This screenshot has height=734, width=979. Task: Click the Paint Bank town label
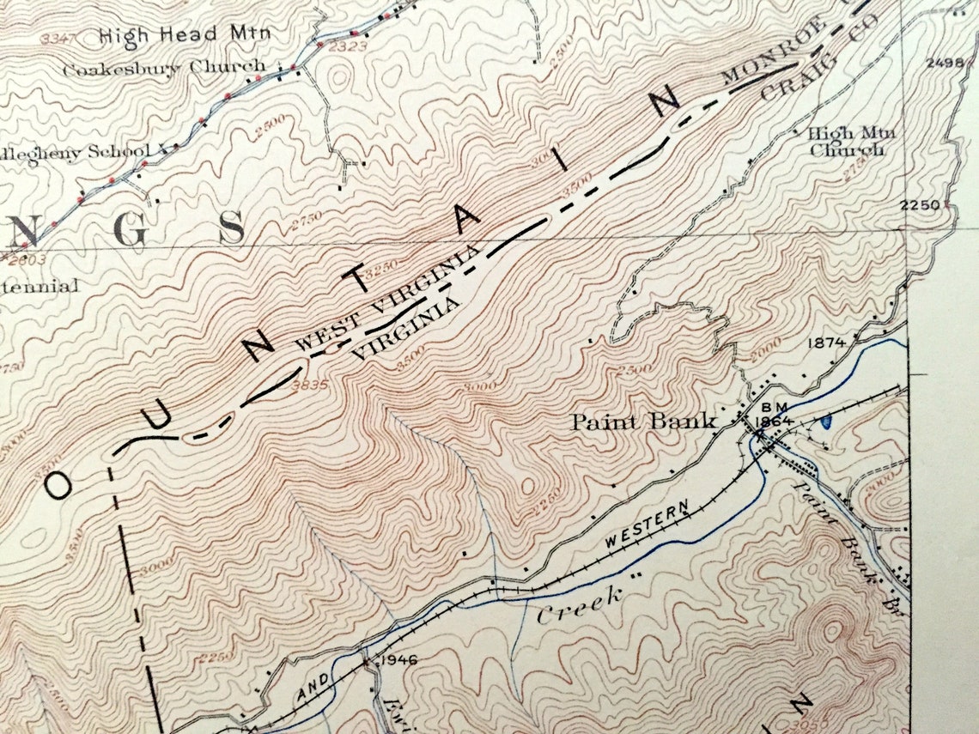pos(644,422)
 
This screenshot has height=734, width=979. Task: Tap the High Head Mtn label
pos(185,35)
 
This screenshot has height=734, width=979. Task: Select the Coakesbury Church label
pos(164,67)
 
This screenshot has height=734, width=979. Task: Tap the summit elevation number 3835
pos(310,385)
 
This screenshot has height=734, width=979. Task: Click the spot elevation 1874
pos(827,343)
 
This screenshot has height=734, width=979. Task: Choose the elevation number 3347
pos(58,38)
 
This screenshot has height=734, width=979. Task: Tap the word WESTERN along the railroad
pos(648,529)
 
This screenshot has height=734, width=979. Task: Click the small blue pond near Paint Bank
pos(826,422)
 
